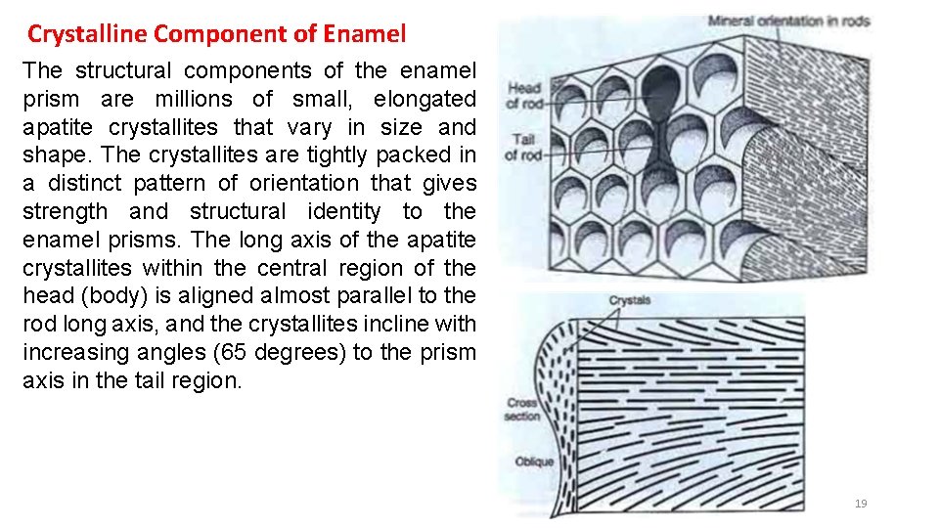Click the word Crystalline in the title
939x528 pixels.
(x=87, y=34)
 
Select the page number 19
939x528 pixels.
(x=861, y=504)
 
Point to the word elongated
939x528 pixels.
(x=425, y=99)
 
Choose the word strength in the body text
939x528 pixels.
(x=66, y=212)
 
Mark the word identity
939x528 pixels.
(x=337, y=212)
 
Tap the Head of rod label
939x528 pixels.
(x=525, y=95)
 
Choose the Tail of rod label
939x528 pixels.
(x=523, y=146)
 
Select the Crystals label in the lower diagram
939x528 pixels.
(x=630, y=300)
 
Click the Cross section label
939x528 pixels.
(x=521, y=409)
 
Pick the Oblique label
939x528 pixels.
(x=533, y=462)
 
